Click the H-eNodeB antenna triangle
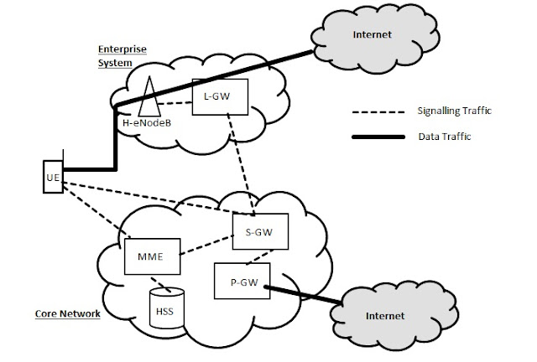tap(151, 98)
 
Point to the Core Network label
tap(68, 314)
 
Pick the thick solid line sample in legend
tap(373, 137)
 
